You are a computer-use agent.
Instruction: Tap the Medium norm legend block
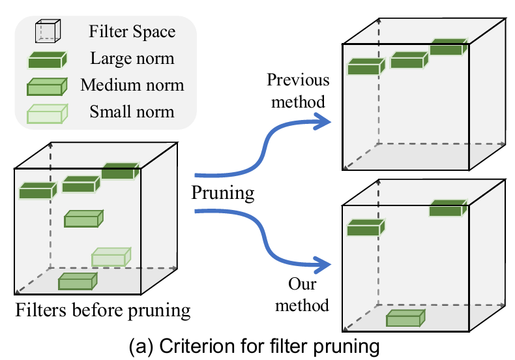[x=47, y=87]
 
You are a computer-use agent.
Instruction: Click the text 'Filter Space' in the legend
[x=133, y=31]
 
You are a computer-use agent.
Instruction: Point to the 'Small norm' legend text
[x=132, y=112]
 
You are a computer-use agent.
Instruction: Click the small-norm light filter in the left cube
[x=111, y=257]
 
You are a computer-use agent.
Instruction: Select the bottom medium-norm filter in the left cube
[x=78, y=281]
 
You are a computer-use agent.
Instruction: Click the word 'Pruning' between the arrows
[x=222, y=193]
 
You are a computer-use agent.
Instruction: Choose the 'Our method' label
[x=306, y=294]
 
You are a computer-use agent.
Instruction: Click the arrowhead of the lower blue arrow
[x=322, y=264]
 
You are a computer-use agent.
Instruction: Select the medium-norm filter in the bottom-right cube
[x=405, y=317]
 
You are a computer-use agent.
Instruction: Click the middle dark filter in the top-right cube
[x=408, y=61]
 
